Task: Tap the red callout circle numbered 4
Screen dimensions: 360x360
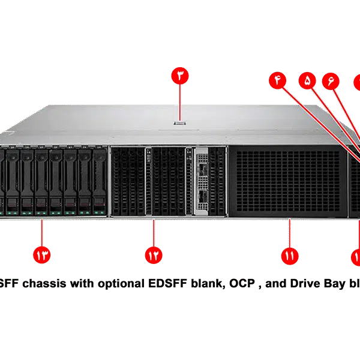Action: (x=277, y=81)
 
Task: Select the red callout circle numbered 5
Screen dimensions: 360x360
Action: (x=308, y=81)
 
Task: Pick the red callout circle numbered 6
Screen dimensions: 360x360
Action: (x=330, y=81)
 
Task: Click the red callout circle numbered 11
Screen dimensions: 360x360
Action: (x=290, y=255)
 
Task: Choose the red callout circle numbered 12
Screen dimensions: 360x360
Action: (x=154, y=255)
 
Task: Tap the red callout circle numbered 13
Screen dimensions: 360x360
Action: (x=41, y=255)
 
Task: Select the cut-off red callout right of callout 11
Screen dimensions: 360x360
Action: (x=356, y=256)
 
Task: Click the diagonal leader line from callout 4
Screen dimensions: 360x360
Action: (x=318, y=120)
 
